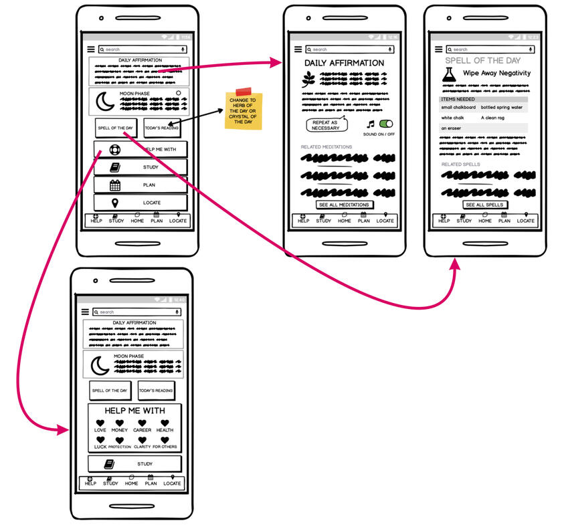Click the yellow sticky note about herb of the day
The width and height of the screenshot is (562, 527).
244,110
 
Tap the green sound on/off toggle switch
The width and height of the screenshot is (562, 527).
386,124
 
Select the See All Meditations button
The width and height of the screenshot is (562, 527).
344,205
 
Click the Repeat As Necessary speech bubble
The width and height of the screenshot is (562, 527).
326,125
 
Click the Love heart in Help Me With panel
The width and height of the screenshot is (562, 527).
100,423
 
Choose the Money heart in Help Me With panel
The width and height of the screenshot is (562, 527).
120,423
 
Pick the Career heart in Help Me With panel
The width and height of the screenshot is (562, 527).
142,423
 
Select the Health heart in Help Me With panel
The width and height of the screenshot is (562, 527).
165,423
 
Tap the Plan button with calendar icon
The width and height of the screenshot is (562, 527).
140,185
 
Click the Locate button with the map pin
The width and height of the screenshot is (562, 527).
140,203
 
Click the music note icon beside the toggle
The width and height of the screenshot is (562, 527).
371,124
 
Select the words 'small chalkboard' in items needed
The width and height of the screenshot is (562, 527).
458,107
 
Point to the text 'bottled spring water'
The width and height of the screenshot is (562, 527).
501,107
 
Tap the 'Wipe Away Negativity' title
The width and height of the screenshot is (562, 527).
496,73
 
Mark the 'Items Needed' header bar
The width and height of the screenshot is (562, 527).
483,99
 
